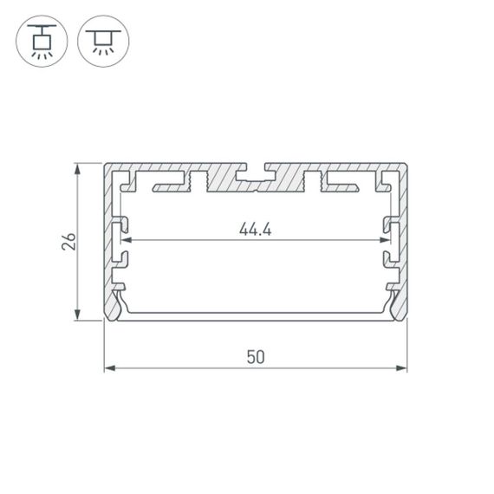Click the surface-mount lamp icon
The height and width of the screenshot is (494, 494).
pos(103,40)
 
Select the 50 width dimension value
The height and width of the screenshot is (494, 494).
pos(256,356)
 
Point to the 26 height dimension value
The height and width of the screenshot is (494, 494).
pos(68,241)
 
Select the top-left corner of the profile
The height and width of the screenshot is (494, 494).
pos(106,164)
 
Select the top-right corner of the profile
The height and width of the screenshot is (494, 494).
pos(406,164)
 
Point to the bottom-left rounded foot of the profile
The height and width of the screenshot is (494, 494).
pos(112,309)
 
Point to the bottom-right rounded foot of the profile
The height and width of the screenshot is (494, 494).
pos(400,309)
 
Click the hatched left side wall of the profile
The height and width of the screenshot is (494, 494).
pos(110,234)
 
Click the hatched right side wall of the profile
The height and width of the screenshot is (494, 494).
pos(402,234)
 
